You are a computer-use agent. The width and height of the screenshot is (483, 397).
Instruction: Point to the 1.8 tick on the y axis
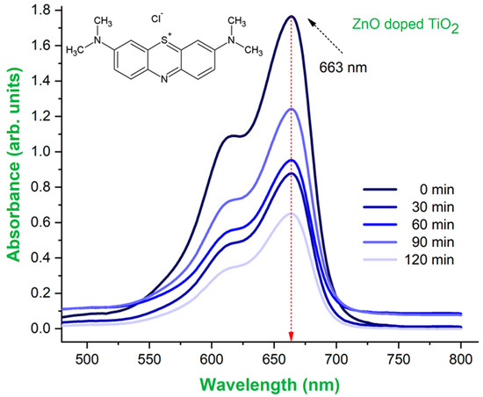tap(42, 11)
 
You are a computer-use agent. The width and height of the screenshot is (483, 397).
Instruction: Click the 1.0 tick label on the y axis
tap(42, 152)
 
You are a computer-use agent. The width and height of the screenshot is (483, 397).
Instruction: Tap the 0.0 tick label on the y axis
tap(42, 328)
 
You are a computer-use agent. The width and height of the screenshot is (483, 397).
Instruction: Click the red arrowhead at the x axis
tap(291, 336)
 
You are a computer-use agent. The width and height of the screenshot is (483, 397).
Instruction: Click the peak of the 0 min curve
tap(290, 17)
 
